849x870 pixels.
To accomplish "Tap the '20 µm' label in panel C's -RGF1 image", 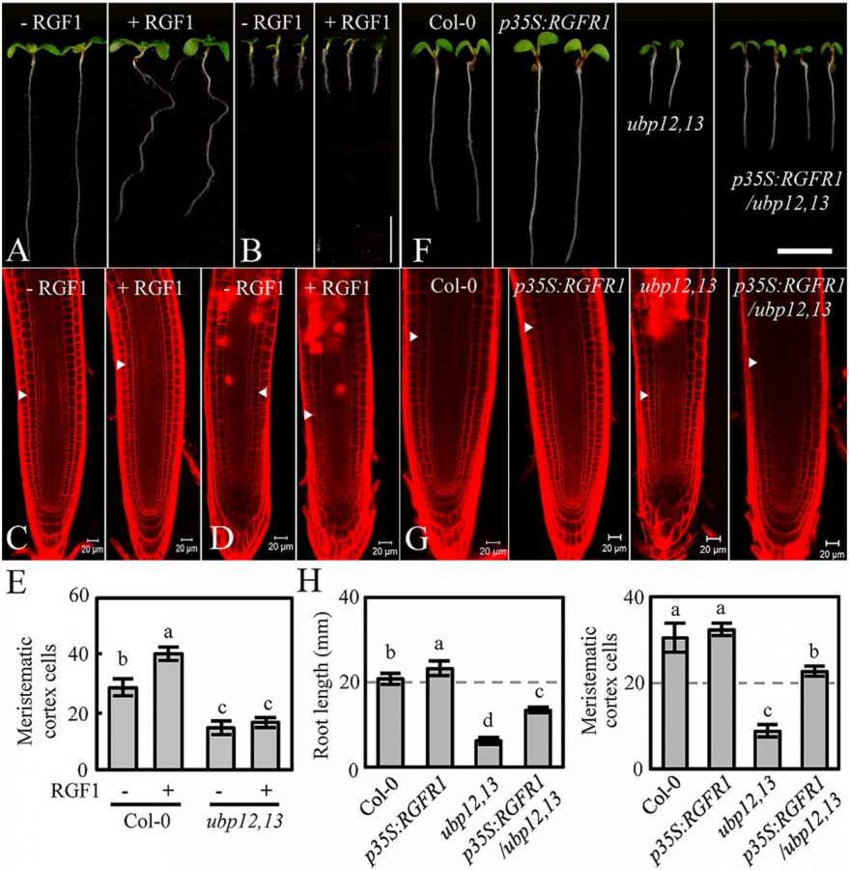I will click(x=94, y=549).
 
